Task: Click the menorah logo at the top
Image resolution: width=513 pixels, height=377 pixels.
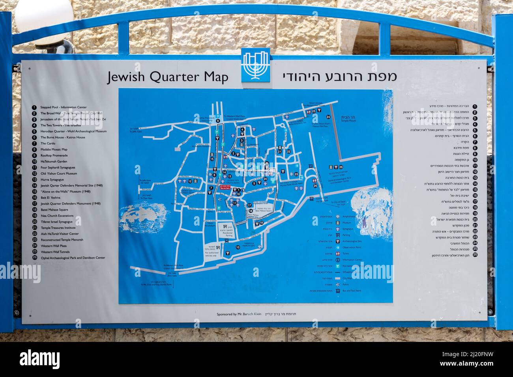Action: [255, 65]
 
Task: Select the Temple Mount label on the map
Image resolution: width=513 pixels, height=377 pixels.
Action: [349, 119]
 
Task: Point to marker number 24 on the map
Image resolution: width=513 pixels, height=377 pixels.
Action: [328, 117]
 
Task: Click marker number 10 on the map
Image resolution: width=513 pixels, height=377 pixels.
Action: [237, 247]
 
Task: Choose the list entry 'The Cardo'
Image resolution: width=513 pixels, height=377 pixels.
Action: [48, 143]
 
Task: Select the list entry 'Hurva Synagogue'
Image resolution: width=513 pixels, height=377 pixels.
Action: [52, 179]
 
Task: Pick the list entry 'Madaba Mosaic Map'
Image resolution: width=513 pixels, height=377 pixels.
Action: [54, 149]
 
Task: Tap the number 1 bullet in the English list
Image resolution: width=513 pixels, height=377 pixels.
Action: [34, 107]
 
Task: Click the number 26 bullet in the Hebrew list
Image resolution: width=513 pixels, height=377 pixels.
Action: [475, 255]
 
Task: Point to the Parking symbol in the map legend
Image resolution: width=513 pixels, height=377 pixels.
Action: [338, 235]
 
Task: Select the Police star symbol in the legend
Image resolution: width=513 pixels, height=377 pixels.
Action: [338, 284]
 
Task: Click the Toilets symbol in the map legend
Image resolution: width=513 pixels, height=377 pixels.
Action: [338, 254]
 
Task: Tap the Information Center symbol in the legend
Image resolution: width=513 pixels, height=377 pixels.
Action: [338, 260]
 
